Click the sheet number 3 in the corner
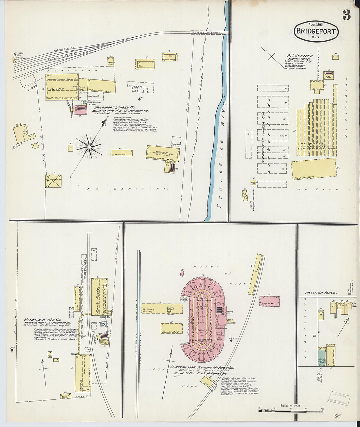pos(347,15)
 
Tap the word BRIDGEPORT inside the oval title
pos(316,32)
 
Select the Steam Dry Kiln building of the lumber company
pos(102,86)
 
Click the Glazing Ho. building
pos(121,153)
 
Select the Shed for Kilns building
pos(314,169)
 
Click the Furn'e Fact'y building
pos(99,296)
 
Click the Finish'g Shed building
pos(171,329)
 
